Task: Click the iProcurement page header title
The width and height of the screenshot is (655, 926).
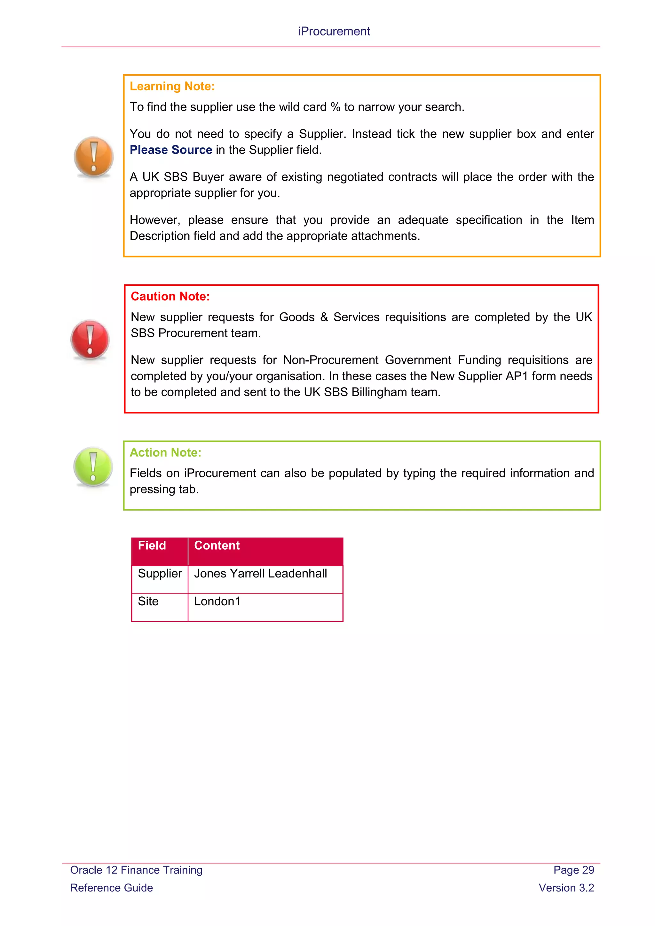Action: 334,31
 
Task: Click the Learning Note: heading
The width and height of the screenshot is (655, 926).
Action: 172,86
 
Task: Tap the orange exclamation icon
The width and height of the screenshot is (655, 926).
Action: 94,157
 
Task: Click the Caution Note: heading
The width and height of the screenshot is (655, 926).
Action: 170,296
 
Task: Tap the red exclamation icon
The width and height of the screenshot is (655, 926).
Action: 90,340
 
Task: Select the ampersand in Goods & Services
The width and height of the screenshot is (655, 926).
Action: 324,317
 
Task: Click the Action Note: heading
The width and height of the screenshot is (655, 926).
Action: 165,452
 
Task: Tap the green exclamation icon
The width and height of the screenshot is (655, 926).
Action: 93,467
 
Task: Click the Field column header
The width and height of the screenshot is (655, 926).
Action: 152,546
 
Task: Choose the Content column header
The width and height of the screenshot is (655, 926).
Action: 217,546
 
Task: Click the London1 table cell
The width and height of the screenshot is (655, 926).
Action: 217,601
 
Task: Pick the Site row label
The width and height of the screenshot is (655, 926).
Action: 148,601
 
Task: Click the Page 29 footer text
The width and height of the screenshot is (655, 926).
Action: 573,870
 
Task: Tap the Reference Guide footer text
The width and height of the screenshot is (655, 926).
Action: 111,888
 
